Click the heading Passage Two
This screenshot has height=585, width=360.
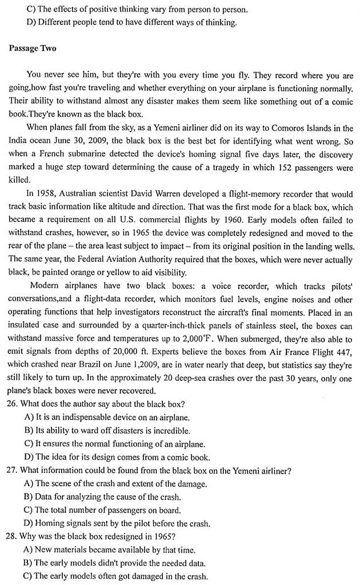(33, 48)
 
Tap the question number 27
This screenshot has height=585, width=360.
(14, 471)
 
